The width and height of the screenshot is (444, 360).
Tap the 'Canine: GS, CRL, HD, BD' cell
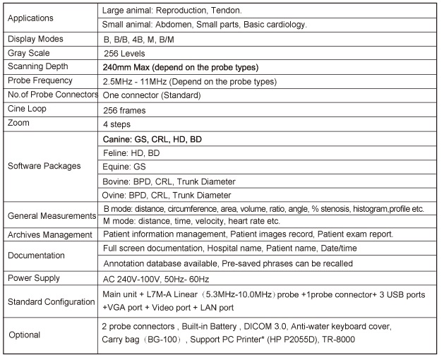(x=152, y=140)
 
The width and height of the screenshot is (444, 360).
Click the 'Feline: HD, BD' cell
(x=131, y=153)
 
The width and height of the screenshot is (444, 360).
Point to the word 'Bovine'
(x=116, y=181)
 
